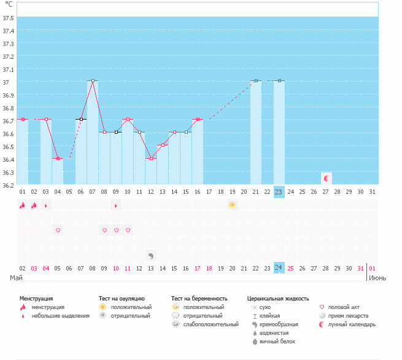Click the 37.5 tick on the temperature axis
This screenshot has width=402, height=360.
(9, 18)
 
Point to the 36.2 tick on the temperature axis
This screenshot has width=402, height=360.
(9, 184)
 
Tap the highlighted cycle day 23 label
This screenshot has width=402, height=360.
(279, 192)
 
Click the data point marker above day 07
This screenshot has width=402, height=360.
(93, 80)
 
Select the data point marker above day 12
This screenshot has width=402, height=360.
(151, 158)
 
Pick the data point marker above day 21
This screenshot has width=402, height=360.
(256, 80)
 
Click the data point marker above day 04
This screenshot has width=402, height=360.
(58, 158)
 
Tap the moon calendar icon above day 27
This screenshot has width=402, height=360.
(327, 178)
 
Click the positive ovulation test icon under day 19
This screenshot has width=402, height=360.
(232, 205)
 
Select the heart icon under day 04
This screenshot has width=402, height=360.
(58, 230)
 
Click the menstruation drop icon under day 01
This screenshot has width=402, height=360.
(22, 205)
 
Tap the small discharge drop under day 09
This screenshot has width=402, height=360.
(116, 205)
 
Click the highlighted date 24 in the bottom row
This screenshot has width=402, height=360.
(279, 268)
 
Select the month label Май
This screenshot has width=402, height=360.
(17, 278)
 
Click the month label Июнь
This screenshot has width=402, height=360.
(377, 278)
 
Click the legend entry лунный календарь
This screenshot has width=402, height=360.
(352, 324)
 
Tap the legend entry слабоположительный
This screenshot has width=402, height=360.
(210, 324)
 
